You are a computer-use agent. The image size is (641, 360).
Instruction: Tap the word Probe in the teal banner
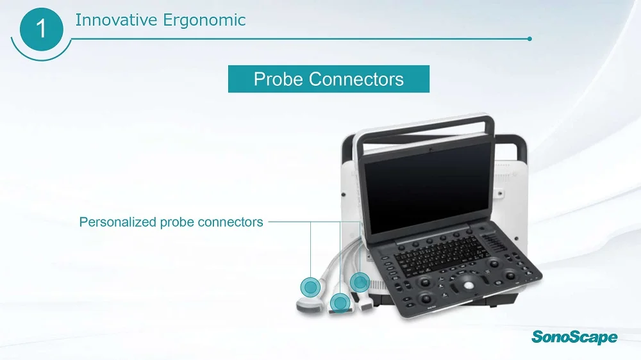click(278, 79)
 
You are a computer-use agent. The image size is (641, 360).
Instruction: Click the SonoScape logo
click(574, 337)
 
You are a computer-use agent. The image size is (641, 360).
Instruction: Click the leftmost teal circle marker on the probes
click(310, 286)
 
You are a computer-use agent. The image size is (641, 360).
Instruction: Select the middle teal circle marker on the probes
click(339, 301)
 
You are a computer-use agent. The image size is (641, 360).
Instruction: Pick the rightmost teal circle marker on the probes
click(360, 281)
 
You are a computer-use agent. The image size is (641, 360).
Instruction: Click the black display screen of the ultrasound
click(428, 188)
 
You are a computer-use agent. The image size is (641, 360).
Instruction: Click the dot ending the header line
click(529, 38)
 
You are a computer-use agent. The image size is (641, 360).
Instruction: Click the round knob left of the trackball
click(424, 282)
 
